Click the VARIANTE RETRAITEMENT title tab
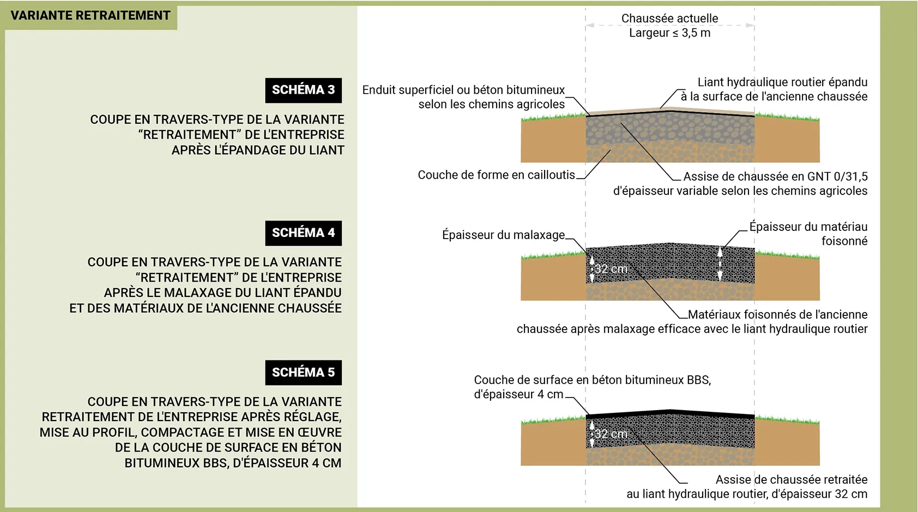pyautogui.click(x=90, y=16)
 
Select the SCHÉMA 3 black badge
pyautogui.click(x=303, y=90)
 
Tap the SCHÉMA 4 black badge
pyautogui.click(x=303, y=233)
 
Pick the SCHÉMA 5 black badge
pyautogui.click(x=303, y=373)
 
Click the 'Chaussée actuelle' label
pyautogui.click(x=669, y=19)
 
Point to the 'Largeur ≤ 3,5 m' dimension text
pyautogui.click(x=669, y=33)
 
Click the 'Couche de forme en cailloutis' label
pyautogui.click(x=496, y=175)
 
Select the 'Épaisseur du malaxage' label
pyautogui.click(x=503, y=235)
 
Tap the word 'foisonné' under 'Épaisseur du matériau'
pyautogui.click(x=844, y=241)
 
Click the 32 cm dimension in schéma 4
pyautogui.click(x=611, y=269)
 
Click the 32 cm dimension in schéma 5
pyautogui.click(x=611, y=434)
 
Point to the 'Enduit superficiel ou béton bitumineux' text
pyautogui.click(x=463, y=90)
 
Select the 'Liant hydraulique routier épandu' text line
pyautogui.click(x=782, y=82)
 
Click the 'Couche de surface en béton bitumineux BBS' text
pyautogui.click(x=592, y=380)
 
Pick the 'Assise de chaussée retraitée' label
pyautogui.click(x=791, y=480)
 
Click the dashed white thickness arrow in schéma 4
pyautogui.click(x=720, y=264)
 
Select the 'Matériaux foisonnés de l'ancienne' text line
pyautogui.click(x=777, y=315)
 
